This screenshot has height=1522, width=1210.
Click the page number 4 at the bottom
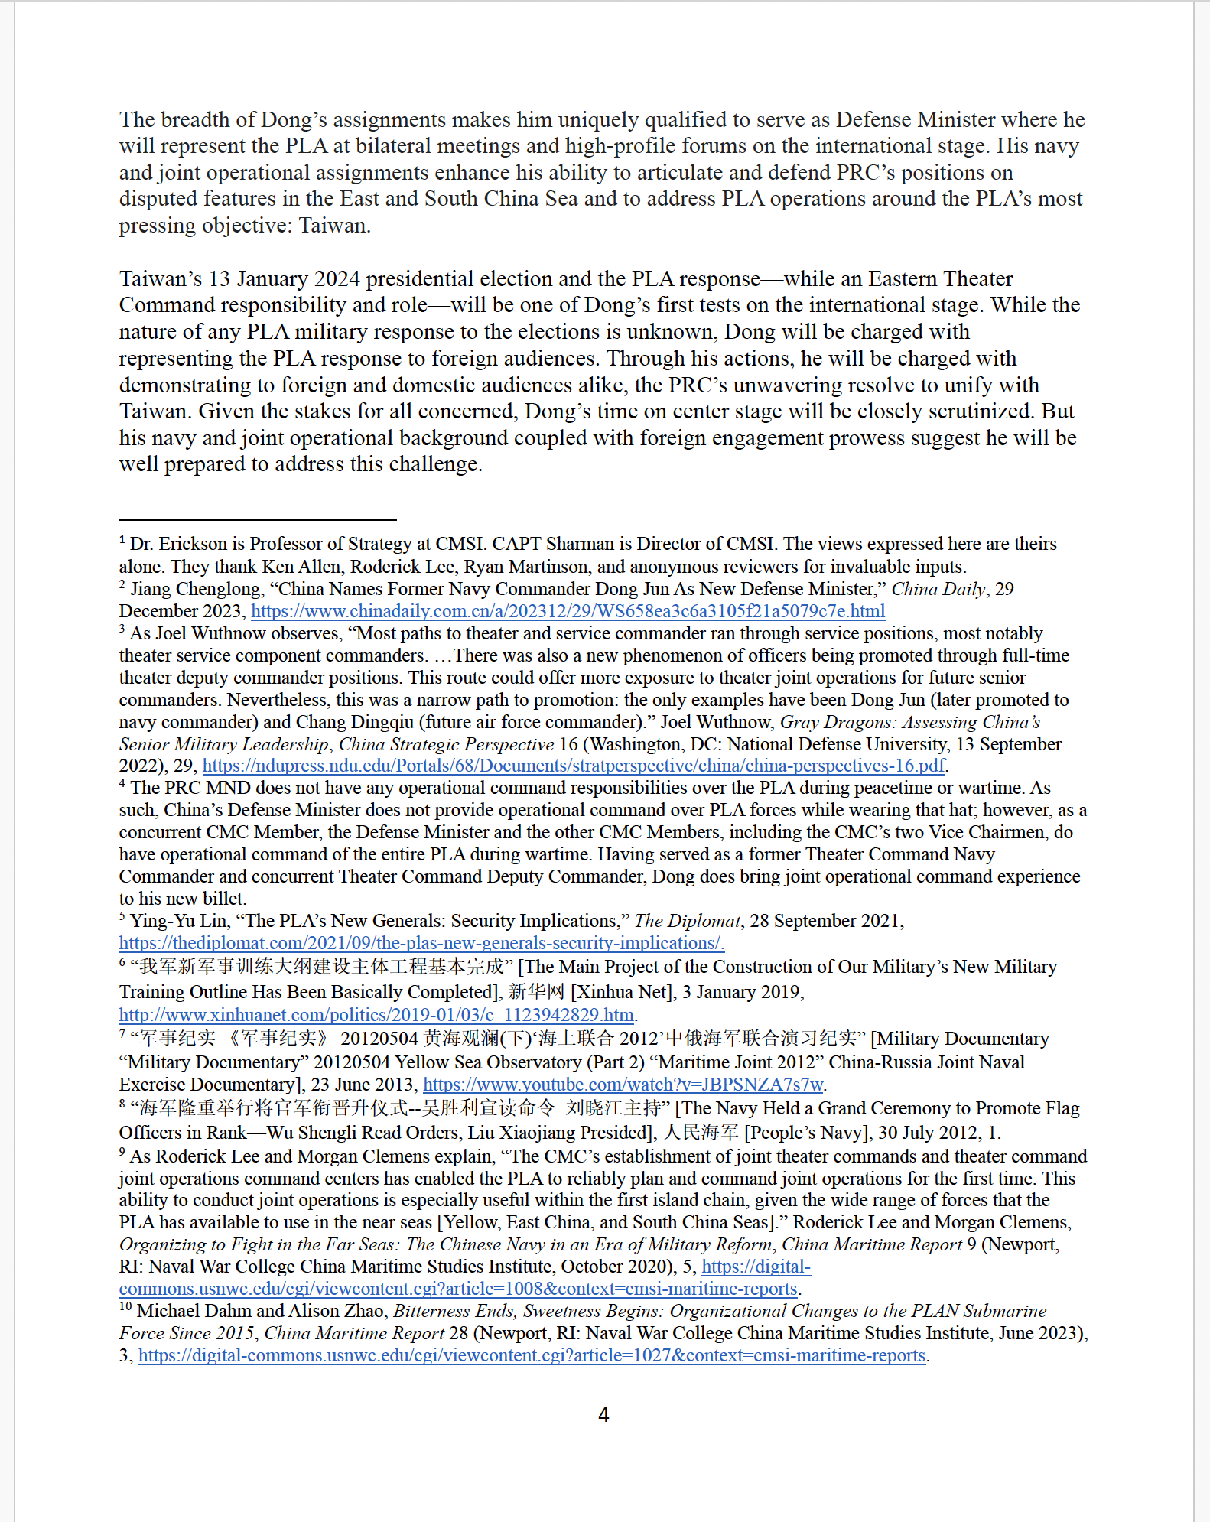point(603,1415)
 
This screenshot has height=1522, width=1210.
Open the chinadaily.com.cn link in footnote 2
point(568,611)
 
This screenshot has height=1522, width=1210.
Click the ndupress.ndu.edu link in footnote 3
point(574,766)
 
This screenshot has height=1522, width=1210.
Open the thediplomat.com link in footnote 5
point(421,943)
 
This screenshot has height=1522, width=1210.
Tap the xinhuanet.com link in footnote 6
point(376,1015)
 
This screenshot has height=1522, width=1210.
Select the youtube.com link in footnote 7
point(623,1085)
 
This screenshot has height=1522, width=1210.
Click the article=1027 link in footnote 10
point(532,1355)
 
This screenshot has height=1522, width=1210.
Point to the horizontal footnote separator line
point(257,520)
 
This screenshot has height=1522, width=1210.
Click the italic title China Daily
point(938,589)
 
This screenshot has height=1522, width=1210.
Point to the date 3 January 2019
point(741,992)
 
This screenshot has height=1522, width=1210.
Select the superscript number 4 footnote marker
point(122,783)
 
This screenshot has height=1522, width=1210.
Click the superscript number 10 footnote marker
point(125,1306)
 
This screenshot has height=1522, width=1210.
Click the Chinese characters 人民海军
point(701,1133)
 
